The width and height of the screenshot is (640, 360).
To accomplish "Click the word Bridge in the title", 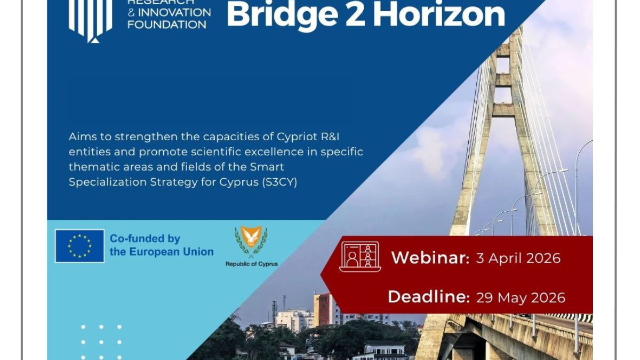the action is tap(283, 15).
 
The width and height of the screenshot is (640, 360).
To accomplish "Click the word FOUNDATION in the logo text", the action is tap(167, 25).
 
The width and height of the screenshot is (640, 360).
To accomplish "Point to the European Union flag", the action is tap(79, 246).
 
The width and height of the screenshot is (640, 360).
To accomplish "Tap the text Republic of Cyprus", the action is tap(251, 264).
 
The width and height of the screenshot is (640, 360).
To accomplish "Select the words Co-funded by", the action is tap(145, 239).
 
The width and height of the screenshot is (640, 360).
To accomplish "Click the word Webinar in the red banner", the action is tap(430, 258).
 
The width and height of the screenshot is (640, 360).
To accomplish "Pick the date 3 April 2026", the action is tap(518, 258).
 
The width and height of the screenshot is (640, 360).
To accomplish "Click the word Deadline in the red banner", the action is tap(429, 297).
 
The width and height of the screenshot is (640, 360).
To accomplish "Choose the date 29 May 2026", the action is tap(521, 298).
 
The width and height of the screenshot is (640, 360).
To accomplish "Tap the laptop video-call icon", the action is tap(360, 257).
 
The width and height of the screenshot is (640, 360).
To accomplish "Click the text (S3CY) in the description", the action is tap(279, 182).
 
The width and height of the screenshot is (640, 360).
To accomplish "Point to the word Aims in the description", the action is tap(82, 137).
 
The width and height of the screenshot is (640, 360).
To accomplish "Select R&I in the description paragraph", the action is tap(330, 137).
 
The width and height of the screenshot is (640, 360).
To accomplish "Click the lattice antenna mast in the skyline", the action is tap(274, 314).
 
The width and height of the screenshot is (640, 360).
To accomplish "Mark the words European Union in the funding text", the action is tap(171, 252).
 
